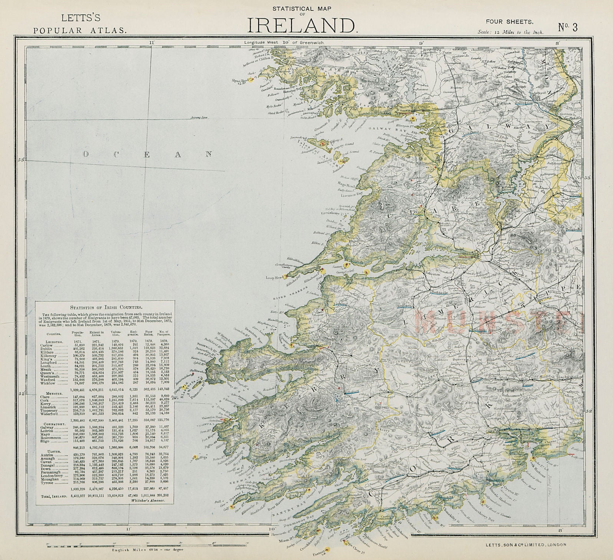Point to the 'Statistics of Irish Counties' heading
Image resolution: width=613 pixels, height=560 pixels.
(x=105, y=307)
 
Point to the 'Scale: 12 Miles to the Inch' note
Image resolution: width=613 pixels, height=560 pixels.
(x=511, y=33)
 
